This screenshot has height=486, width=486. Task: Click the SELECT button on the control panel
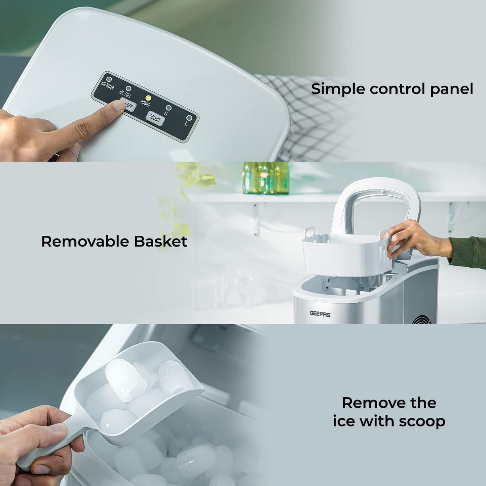coord(155,118)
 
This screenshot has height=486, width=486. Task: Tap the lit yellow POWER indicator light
coord(148,98)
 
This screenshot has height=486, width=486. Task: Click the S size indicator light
coord(169,108)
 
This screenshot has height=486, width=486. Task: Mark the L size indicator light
coord(189,118)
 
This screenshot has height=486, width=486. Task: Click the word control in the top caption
coord(392,89)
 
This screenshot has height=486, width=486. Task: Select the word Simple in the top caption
coord(338,89)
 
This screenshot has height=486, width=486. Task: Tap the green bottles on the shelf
coord(266,178)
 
